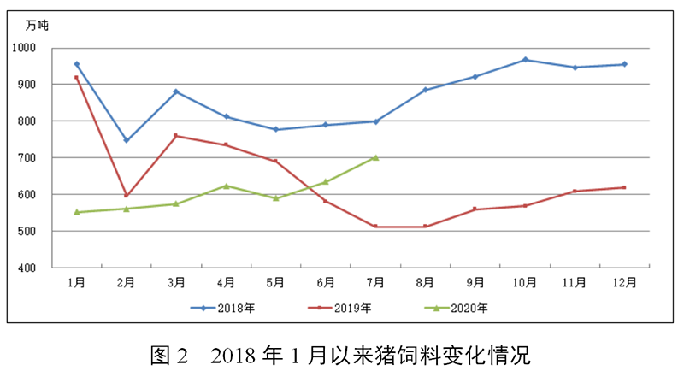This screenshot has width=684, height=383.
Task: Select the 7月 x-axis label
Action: click(375, 282)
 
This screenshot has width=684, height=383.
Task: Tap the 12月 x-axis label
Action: click(624, 282)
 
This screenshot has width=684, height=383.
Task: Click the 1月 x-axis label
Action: click(77, 282)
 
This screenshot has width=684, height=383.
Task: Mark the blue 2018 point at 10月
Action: click(525, 60)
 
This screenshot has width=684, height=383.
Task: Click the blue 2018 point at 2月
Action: click(127, 140)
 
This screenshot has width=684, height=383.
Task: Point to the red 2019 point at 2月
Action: click(127, 196)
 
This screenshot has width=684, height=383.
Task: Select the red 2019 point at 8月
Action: click(425, 227)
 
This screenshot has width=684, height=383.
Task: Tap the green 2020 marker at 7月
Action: click(375, 157)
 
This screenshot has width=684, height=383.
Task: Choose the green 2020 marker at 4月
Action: click(226, 186)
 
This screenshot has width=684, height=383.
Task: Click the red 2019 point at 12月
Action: click(624, 187)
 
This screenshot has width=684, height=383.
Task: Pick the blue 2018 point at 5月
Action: click(275, 129)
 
